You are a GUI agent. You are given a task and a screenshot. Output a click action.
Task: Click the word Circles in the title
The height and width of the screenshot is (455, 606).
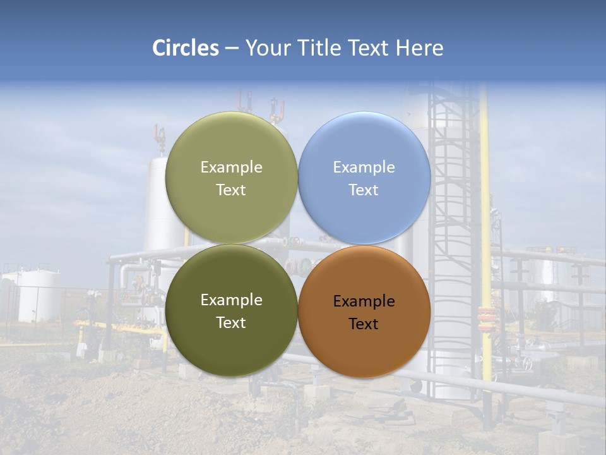tap(185, 48)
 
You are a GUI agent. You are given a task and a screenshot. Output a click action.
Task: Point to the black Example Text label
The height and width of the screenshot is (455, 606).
tap(364, 312)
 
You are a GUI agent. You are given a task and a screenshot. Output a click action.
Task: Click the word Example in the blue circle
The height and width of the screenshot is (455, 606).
tap(364, 167)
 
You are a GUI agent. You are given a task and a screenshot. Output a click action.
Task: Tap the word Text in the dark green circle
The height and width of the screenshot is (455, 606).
tap(231, 323)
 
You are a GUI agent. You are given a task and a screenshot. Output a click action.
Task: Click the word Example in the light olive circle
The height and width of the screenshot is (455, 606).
tap(231, 167)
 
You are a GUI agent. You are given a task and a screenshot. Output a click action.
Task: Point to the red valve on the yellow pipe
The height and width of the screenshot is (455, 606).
tap(487, 315)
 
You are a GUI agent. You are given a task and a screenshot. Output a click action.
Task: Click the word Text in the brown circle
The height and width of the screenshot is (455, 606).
tap(364, 324)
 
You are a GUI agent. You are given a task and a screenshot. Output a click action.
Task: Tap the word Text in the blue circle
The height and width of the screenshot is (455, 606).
tap(364, 190)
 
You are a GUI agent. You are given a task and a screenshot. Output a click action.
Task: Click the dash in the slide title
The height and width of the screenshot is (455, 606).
tap(232, 48)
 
